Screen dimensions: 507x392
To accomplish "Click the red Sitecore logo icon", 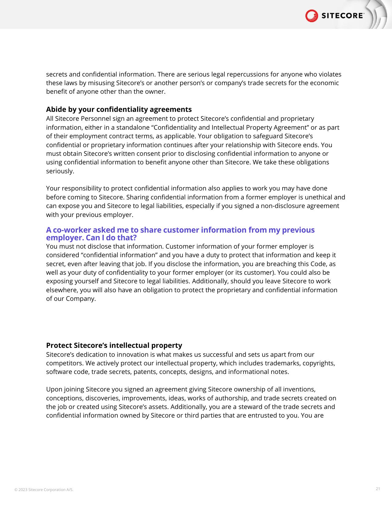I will pyautogui.click(x=311, y=16).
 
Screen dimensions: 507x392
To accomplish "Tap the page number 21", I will pyautogui.click(x=378, y=489).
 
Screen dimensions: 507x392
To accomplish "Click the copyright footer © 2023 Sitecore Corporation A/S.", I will pyautogui.click(x=44, y=490).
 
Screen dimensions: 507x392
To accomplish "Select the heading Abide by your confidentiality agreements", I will pyautogui.click(x=119, y=109).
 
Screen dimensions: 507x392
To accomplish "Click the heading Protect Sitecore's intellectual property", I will pyautogui.click(x=114, y=345).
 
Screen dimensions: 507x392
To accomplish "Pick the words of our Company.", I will pyautogui.click(x=71, y=299).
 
